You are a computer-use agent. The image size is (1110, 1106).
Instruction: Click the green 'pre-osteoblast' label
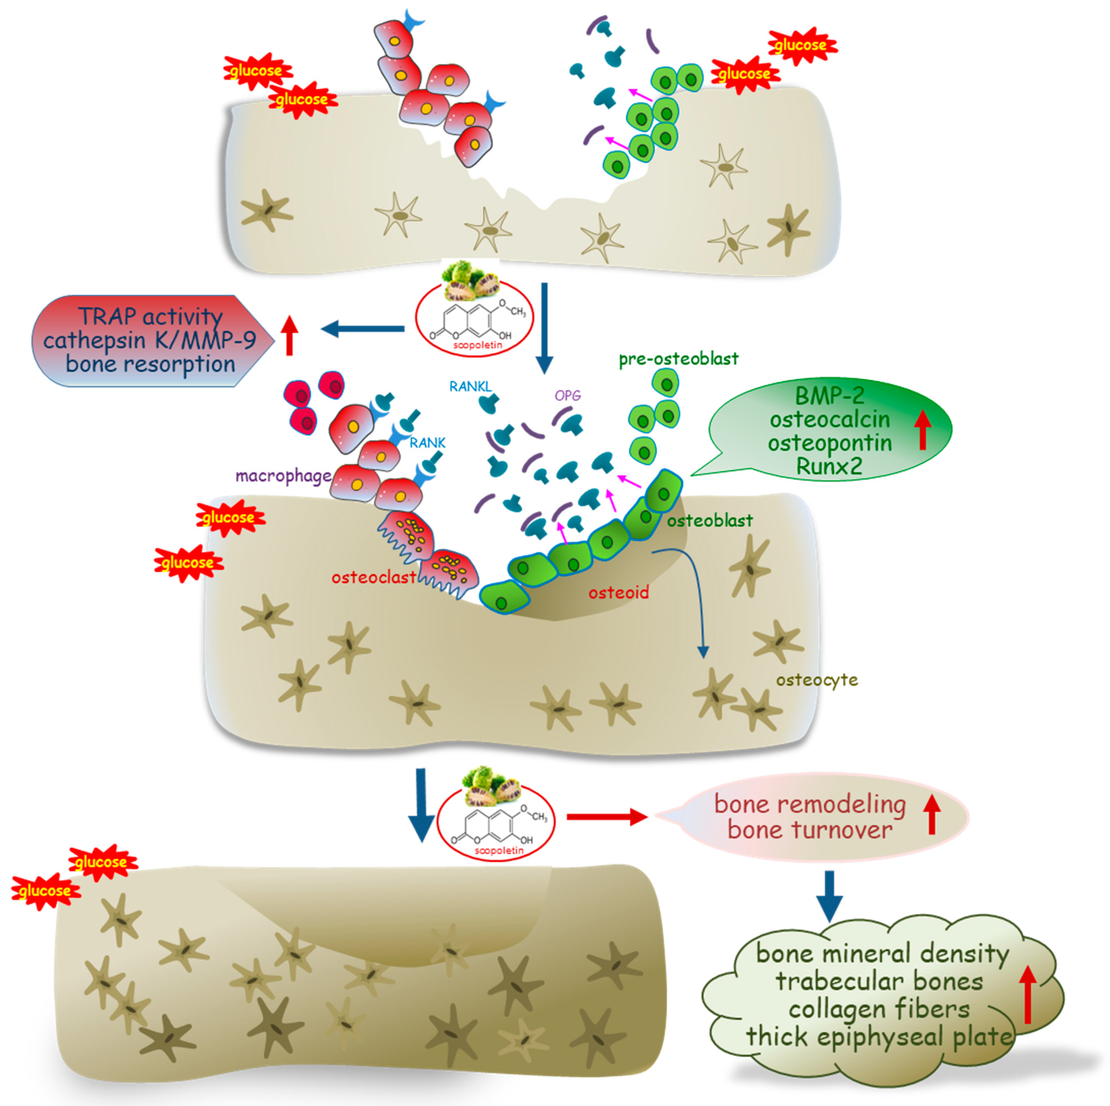[x=678, y=359]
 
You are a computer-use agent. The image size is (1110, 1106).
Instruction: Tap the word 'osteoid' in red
[x=618, y=593]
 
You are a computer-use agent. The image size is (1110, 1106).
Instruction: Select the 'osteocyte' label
[x=817, y=680]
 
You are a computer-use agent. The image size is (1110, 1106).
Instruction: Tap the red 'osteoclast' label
[x=373, y=577]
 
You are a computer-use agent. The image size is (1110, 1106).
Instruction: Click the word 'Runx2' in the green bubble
[x=829, y=466]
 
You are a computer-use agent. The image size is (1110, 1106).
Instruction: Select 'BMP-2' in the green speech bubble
[x=829, y=396]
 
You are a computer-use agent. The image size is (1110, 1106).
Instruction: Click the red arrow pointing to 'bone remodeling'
[x=606, y=816]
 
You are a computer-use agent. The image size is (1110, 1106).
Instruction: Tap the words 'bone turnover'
[x=810, y=830]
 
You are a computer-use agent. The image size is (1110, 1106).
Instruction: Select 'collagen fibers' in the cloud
[x=879, y=1009]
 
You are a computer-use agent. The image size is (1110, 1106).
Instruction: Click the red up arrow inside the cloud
[x=1028, y=994]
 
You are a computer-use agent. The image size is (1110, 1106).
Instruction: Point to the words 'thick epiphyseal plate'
[x=879, y=1037]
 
